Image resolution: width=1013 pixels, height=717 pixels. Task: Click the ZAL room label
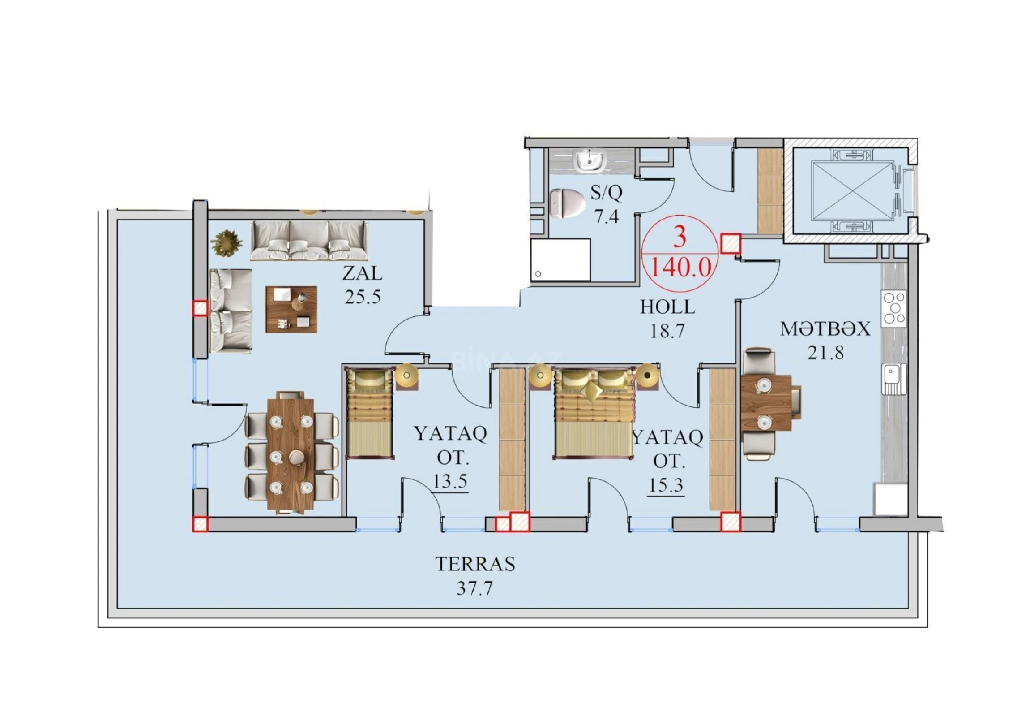coord(362,273)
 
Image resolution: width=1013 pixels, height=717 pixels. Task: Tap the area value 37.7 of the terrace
coord(474,588)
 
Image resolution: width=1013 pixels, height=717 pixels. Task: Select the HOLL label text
coord(667,307)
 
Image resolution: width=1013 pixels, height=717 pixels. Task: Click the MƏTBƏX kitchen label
coord(825,329)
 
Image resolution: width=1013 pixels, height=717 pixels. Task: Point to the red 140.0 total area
coord(680,268)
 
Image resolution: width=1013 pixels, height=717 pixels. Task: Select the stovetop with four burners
coord(893,308)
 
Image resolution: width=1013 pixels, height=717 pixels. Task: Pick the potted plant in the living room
coord(227,243)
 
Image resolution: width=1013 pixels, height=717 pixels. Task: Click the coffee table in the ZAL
coord(291,309)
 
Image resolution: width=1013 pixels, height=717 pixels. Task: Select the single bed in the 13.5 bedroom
coord(370,413)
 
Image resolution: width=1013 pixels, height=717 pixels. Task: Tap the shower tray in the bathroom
coord(560,260)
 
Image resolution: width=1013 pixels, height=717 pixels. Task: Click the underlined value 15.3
coord(666,485)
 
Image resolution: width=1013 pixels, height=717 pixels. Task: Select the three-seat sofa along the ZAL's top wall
coord(309,241)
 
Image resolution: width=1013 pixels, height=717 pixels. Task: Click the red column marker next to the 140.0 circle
coord(730,244)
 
